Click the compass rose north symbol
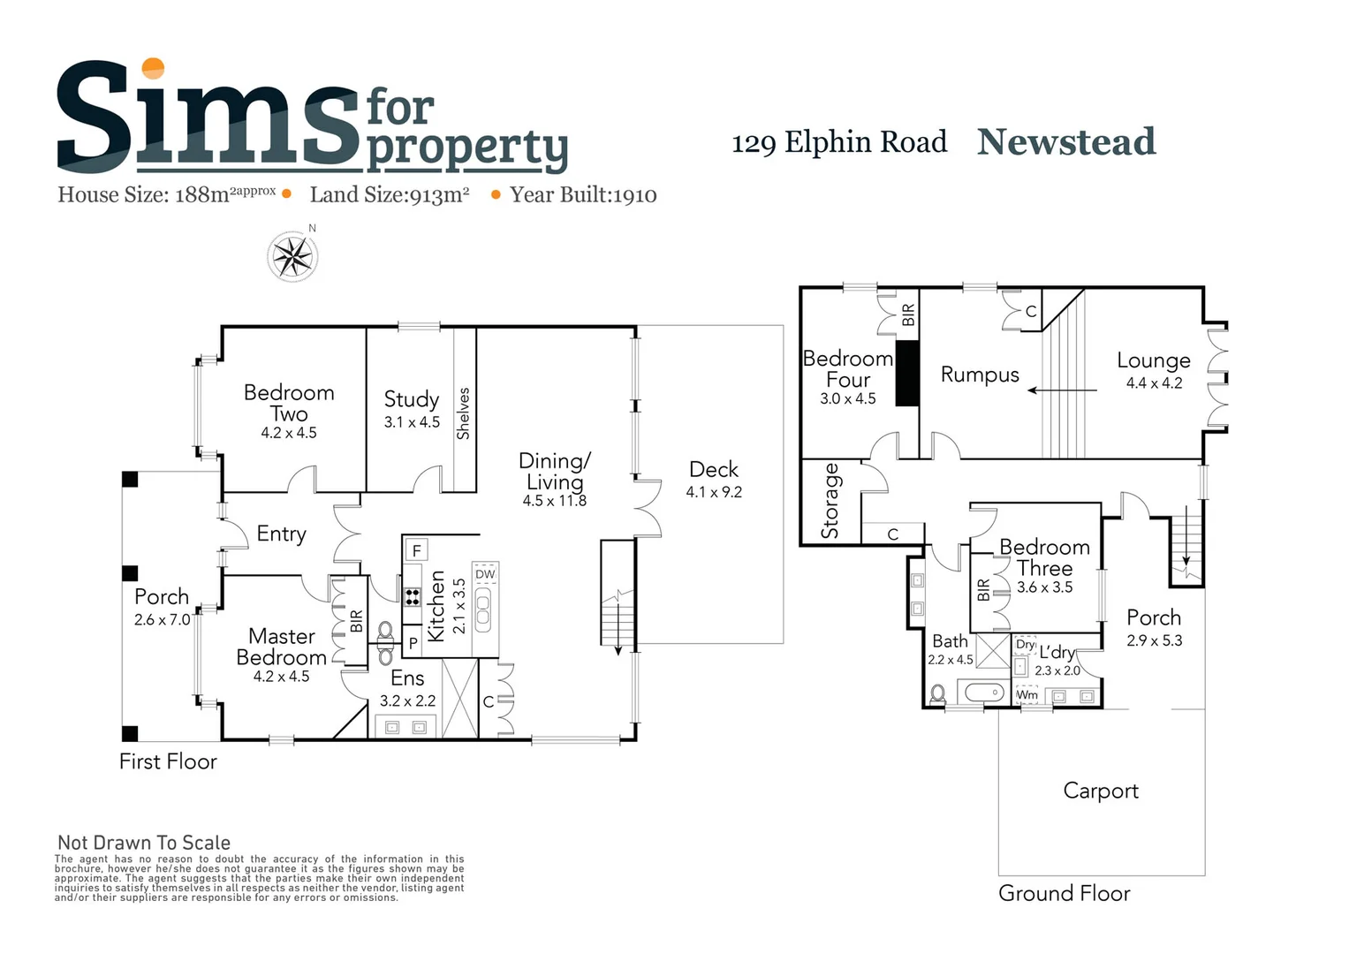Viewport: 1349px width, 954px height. point(292,257)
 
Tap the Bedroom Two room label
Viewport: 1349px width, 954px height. point(289,403)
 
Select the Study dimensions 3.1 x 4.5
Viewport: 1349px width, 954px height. point(412,422)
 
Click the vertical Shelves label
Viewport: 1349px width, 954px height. point(463,413)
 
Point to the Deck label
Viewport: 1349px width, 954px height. point(714,469)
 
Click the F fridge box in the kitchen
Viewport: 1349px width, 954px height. point(416,550)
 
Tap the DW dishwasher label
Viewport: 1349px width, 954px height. point(485,574)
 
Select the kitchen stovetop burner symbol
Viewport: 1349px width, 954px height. point(413,596)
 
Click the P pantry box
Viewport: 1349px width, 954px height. point(413,644)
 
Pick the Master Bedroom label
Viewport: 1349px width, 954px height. point(282,647)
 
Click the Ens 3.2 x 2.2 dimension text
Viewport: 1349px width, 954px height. point(407,700)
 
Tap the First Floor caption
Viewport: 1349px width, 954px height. point(168,761)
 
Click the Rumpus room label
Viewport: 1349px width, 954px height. point(980,375)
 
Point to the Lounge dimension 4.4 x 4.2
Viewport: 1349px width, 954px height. point(1154,383)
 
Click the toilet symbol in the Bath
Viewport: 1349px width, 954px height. point(938,693)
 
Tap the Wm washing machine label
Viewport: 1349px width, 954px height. point(1027,695)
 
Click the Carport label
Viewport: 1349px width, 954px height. point(1101,791)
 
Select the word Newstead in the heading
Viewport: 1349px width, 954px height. point(1066,142)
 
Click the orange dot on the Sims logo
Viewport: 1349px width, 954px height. point(153,69)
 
